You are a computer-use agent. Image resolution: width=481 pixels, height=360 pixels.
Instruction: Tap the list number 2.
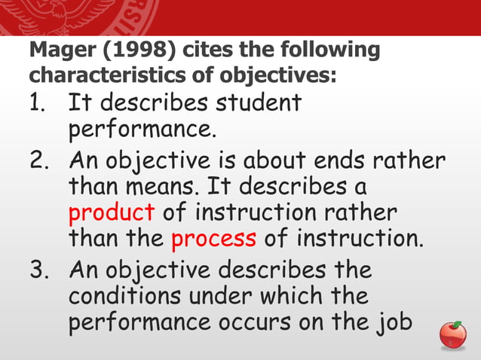coord(39,162)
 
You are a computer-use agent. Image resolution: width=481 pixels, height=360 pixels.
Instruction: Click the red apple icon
coord(452,335)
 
